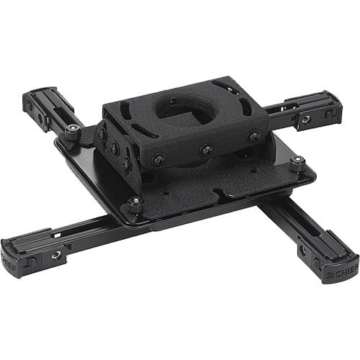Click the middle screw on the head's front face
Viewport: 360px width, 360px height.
[x=207, y=150]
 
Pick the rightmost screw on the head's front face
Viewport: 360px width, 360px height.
[x=253, y=136]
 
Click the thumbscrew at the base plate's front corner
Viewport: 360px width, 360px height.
[x=134, y=203]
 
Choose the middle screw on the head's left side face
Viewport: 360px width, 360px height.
[x=114, y=147]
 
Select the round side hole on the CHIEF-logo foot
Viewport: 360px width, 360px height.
[x=316, y=248]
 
